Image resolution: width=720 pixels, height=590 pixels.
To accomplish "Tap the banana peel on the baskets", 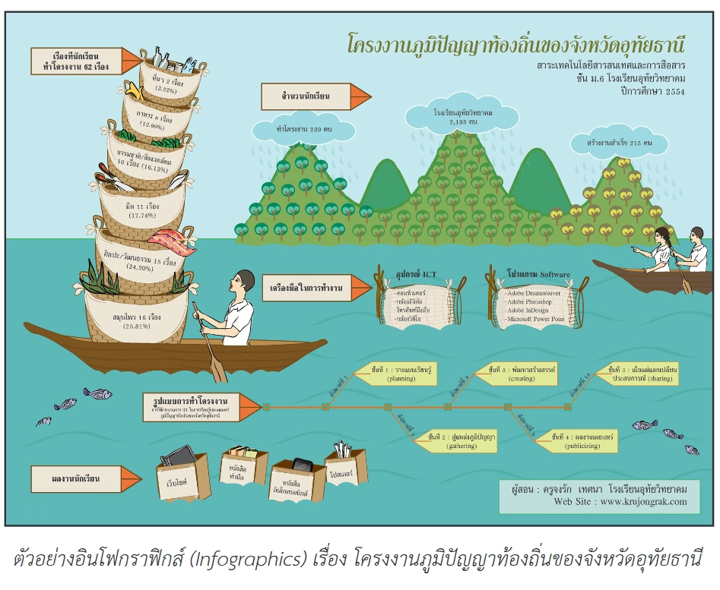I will pos(135,92).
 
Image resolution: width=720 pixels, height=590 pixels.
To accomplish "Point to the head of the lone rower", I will pos(244,282).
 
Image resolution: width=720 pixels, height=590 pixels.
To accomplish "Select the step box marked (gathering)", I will pos(461,440).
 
